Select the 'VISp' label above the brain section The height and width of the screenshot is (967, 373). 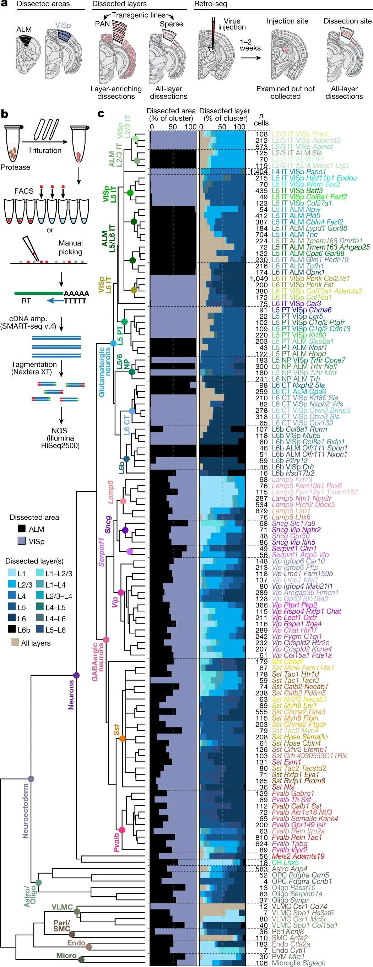point(63,25)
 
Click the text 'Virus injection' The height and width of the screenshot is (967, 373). point(232,24)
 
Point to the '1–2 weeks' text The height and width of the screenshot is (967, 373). point(250,45)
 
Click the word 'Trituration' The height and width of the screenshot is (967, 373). point(44,150)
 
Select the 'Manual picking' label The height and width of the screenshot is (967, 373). point(71,247)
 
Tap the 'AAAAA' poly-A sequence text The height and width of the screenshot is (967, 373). point(76,293)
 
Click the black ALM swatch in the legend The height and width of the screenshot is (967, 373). point(22,529)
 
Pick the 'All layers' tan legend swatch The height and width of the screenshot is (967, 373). point(15,642)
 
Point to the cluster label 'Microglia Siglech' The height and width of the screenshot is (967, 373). point(298,962)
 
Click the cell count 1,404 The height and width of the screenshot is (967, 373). point(259,172)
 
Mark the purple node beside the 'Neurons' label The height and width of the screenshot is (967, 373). point(76,675)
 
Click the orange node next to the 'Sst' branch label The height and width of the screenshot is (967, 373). point(122,738)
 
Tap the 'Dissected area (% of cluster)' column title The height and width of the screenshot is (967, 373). point(171,114)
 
